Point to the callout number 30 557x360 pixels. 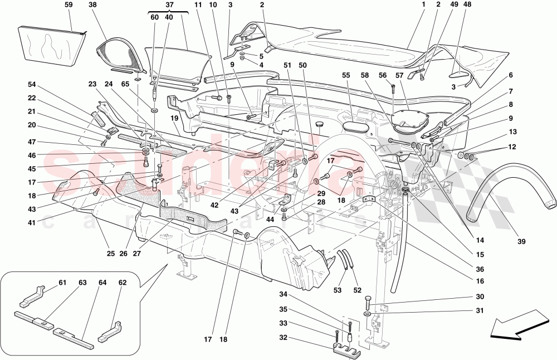[x=463, y=297]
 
